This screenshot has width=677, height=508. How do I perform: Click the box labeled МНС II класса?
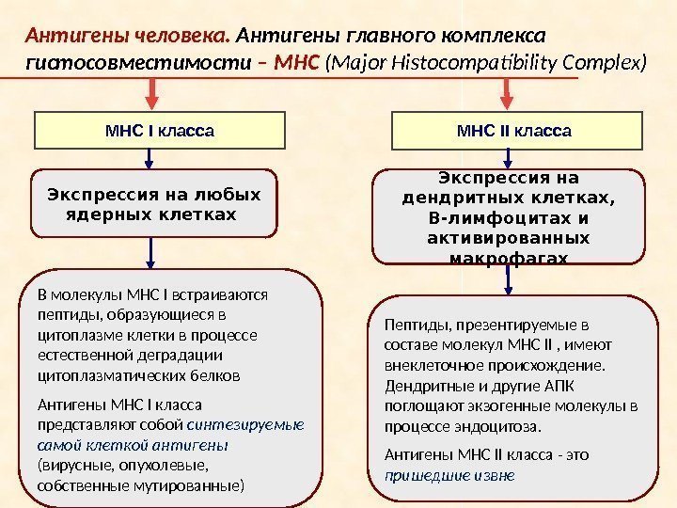point(513,130)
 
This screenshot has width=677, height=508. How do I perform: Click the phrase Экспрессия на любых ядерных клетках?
point(154,204)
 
